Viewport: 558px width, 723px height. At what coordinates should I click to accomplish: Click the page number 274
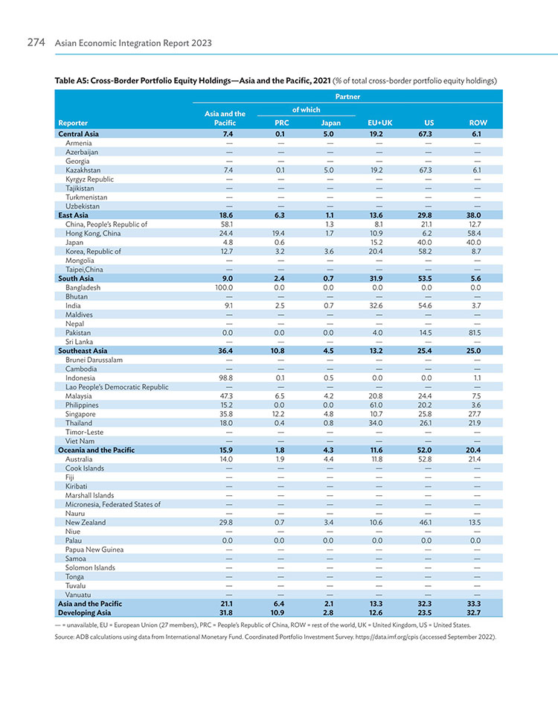point(36,42)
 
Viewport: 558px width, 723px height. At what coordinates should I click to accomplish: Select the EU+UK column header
point(379,123)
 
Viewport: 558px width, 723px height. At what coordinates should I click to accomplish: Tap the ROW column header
point(478,123)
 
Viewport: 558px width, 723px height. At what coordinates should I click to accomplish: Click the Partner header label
point(347,96)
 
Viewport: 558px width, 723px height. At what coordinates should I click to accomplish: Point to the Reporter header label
point(73,123)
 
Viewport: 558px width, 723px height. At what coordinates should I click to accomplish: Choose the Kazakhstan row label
point(83,171)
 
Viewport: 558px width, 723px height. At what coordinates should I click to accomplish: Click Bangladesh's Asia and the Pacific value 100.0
point(224,287)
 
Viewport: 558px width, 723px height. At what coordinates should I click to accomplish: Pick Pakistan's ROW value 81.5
point(475,332)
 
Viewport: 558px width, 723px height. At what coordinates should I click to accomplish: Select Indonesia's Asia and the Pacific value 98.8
point(225,378)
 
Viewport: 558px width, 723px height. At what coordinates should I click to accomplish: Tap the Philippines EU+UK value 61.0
point(376,405)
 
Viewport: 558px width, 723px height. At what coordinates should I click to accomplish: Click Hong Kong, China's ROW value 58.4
point(474,233)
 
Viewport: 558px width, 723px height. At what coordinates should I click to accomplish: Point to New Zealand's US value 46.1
point(425,523)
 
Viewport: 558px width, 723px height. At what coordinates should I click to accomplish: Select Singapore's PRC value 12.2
point(278,414)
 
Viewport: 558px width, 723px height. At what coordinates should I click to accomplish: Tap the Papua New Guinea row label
point(94,550)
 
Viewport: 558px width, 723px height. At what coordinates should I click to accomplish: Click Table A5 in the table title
point(71,80)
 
